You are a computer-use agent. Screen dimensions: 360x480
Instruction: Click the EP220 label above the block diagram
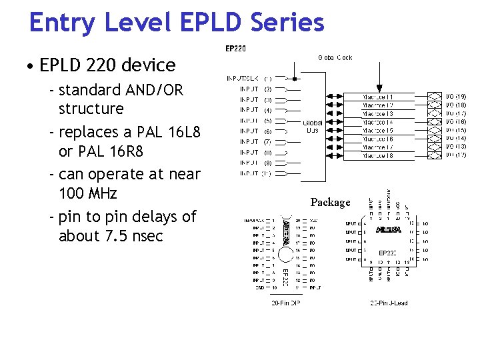tap(235, 49)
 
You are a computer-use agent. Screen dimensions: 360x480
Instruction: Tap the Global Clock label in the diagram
tap(335, 58)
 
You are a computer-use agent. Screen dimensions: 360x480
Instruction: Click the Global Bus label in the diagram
tap(313, 127)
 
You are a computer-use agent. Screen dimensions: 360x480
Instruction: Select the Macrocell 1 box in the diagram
tap(378, 97)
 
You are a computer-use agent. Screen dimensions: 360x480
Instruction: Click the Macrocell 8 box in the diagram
tap(378, 155)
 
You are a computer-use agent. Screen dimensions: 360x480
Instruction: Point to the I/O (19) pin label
tap(456, 97)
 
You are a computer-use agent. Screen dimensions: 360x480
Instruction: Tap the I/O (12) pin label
tap(456, 155)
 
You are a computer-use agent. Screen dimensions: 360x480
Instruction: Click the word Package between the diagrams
tap(330, 202)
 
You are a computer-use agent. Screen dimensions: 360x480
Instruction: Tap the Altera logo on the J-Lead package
tap(389, 230)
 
